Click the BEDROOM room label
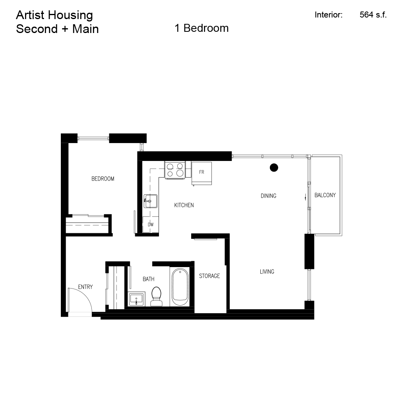click(x=103, y=179)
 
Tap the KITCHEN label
click(x=184, y=205)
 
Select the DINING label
click(x=268, y=196)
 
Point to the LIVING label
click(x=267, y=271)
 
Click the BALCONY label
click(x=325, y=195)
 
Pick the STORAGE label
click(x=209, y=276)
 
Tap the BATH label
click(x=148, y=279)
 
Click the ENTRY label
click(x=85, y=287)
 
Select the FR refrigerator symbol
click(x=202, y=172)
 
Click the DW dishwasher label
click(x=151, y=225)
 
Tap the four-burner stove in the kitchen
click(x=175, y=170)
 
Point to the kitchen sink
click(x=150, y=201)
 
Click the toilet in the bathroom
click(x=157, y=297)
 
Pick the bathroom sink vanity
click(x=137, y=299)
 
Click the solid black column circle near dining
click(x=274, y=168)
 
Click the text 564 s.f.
click(x=373, y=15)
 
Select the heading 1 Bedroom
click(x=202, y=28)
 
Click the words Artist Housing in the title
click(x=54, y=15)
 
